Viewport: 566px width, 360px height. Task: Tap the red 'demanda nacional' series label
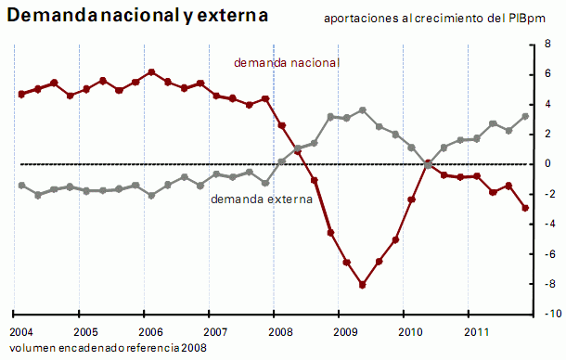(287, 62)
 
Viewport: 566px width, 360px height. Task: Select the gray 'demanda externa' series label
(261, 199)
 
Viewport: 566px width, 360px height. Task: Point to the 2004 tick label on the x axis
(22, 331)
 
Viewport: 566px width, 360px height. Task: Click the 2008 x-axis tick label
(278, 331)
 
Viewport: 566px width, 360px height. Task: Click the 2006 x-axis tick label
(150, 331)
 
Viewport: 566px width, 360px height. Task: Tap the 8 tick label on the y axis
(548, 44)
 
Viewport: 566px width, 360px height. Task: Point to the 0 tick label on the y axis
(548, 164)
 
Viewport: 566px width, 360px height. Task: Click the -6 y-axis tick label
(547, 254)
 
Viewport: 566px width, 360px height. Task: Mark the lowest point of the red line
(362, 285)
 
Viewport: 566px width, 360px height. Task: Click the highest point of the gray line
(362, 110)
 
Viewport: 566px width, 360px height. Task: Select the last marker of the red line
(525, 208)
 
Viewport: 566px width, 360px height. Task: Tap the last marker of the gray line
(525, 116)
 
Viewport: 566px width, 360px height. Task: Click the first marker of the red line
(21, 94)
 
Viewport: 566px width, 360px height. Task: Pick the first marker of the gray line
(21, 186)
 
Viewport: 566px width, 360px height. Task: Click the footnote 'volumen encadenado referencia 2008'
(109, 347)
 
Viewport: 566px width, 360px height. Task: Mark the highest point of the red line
(151, 72)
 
